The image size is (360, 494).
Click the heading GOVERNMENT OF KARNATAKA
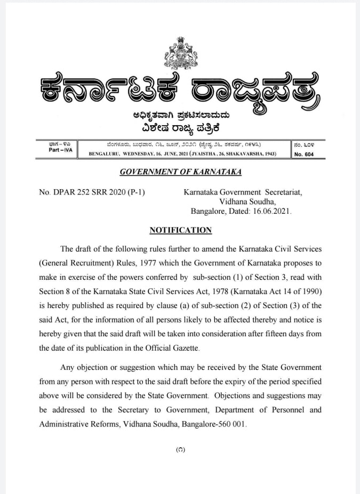pyautogui.click(x=180, y=172)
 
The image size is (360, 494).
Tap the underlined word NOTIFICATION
pyautogui.click(x=180, y=230)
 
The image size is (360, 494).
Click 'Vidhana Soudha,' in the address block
pyautogui.click(x=247, y=201)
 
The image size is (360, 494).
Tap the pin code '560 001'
pyautogui.click(x=231, y=424)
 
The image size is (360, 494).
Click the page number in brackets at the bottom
pyautogui.click(x=180, y=450)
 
